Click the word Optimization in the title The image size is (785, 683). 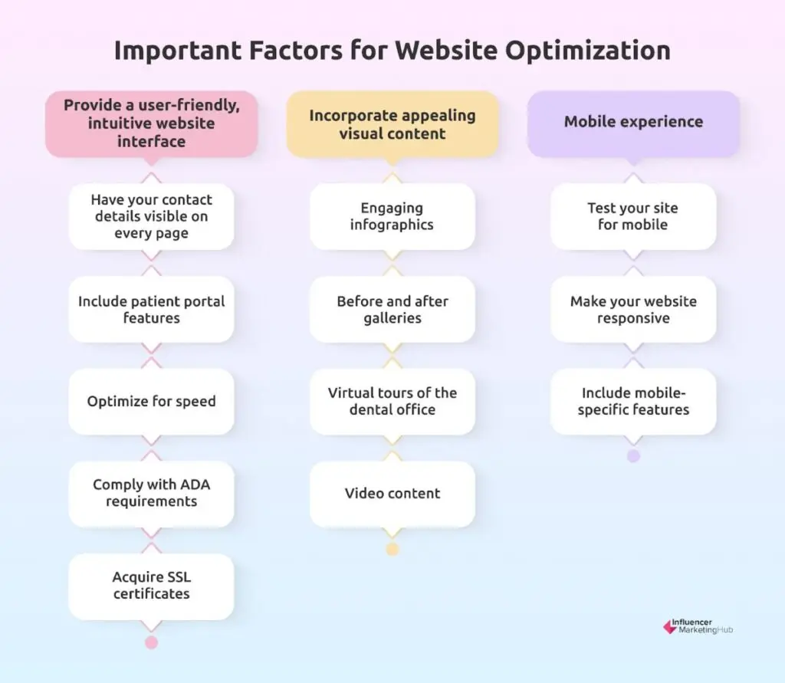point(587,51)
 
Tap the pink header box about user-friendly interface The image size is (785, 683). point(151,123)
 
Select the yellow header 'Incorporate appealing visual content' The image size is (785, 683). point(392,123)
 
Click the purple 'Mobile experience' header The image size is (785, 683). point(633,123)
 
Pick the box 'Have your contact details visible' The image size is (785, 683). point(151,216)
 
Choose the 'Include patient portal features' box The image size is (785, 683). point(151,310)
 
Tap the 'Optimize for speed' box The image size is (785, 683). point(151,402)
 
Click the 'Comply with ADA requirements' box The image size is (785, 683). point(151,494)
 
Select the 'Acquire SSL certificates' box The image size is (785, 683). point(151,586)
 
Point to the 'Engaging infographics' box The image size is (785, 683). point(392,216)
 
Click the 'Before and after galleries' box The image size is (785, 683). point(392,310)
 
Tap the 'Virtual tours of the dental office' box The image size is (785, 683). point(392,402)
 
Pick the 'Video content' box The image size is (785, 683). point(392,494)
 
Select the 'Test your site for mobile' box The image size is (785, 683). point(633,216)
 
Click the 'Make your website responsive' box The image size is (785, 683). point(633,310)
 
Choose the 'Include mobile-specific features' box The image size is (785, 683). point(633,402)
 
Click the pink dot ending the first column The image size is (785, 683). point(151,642)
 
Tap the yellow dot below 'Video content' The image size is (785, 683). point(392,550)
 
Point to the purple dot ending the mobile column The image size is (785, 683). point(633,455)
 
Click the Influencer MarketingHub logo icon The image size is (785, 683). point(670,627)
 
